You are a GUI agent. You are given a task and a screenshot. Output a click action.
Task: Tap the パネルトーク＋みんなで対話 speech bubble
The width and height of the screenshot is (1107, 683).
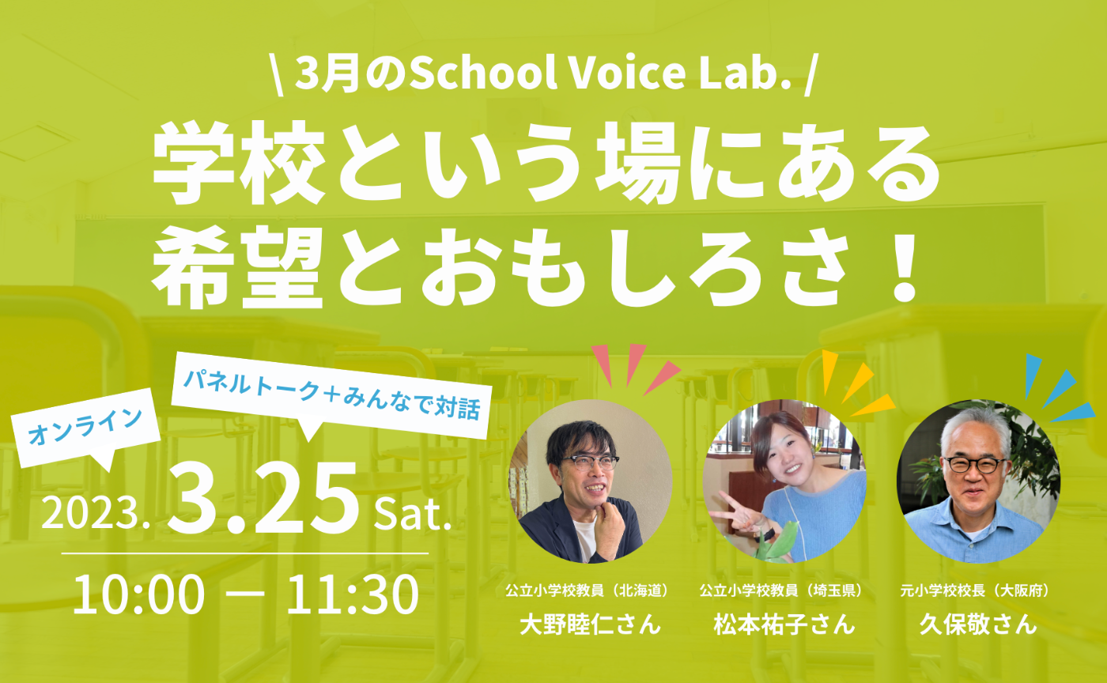tap(328, 400)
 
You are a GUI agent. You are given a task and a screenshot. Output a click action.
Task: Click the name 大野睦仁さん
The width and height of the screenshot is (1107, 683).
tap(590, 625)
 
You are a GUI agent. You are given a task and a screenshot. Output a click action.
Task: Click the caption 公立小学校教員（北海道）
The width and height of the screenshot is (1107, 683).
tap(590, 591)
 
